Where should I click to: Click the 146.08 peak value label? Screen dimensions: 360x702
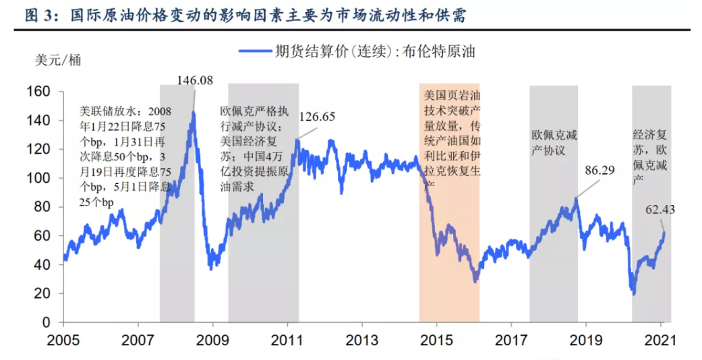point(196,80)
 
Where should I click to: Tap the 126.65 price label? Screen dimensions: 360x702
point(317,117)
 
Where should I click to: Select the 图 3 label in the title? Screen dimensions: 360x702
point(38,16)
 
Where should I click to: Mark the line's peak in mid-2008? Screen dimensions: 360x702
point(194,112)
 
